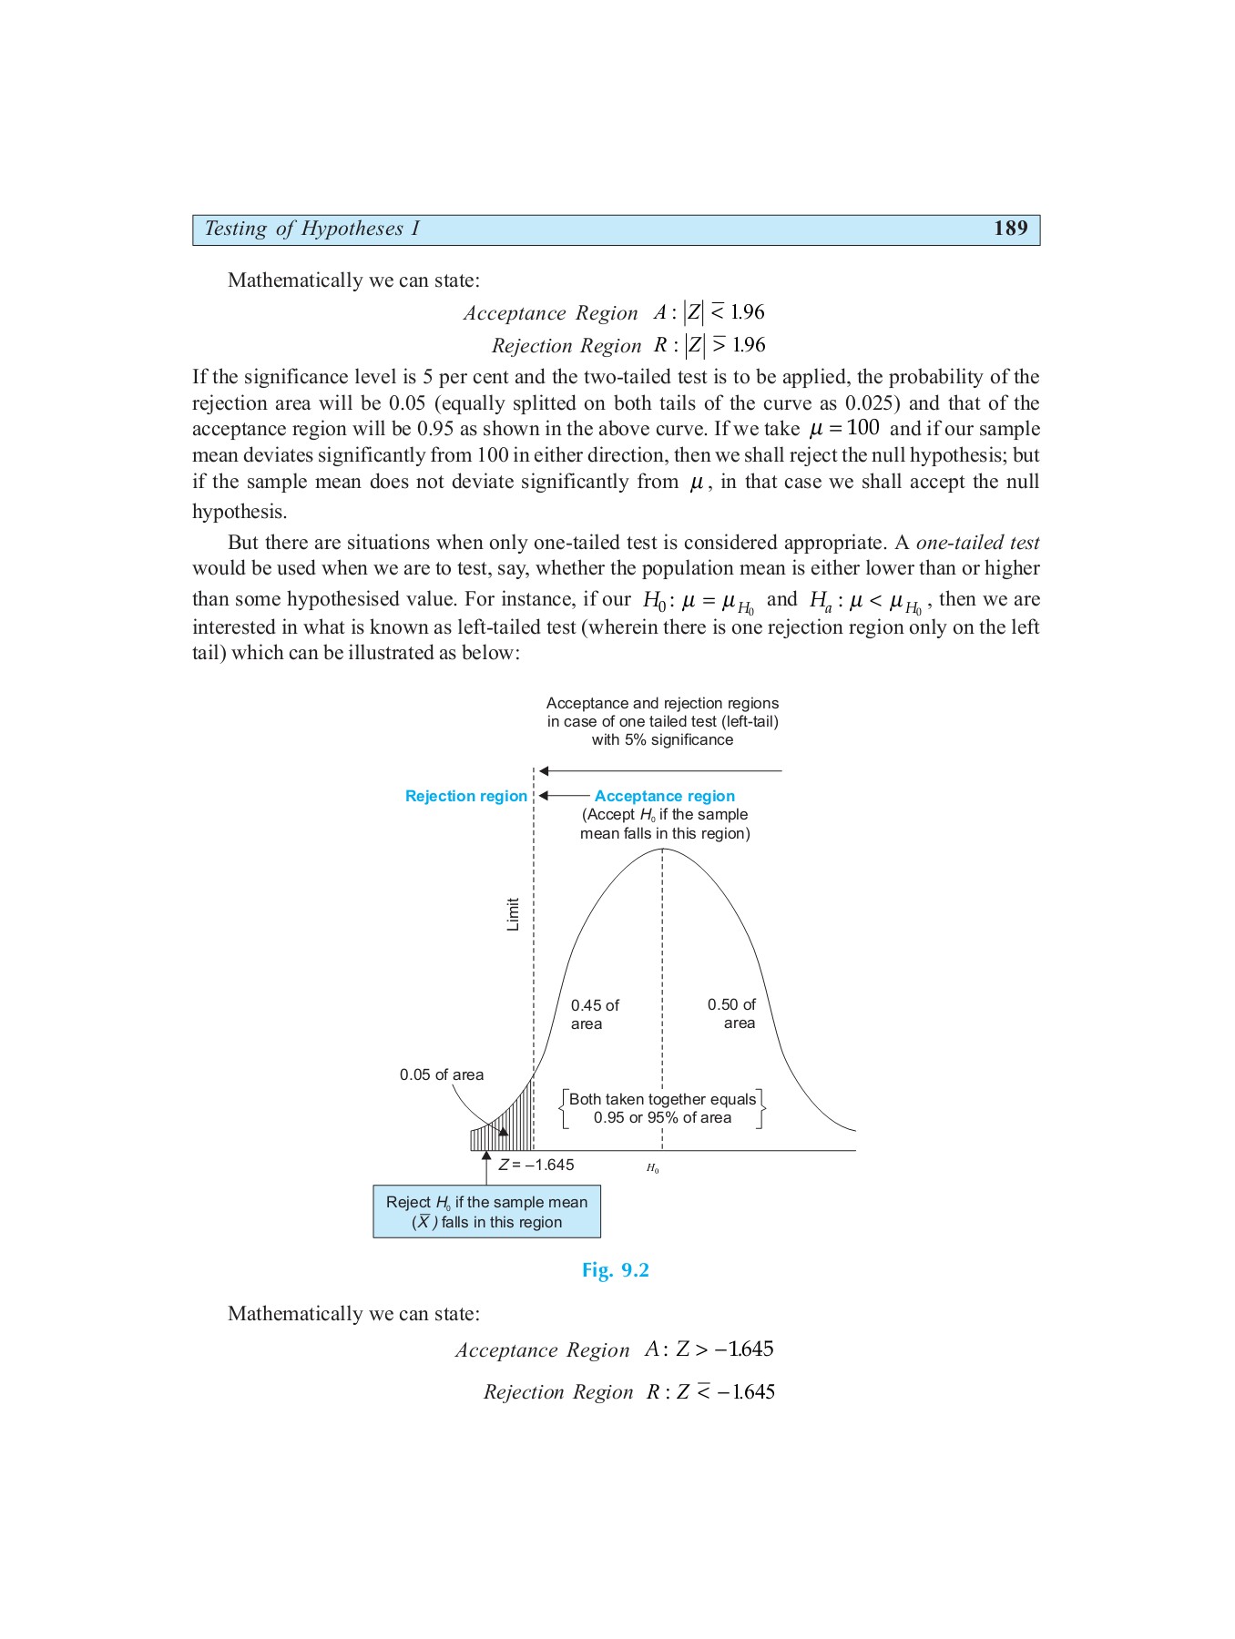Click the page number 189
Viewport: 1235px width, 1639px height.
tap(1010, 229)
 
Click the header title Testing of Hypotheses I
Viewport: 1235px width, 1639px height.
tap(311, 229)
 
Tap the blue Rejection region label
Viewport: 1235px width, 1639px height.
tap(465, 796)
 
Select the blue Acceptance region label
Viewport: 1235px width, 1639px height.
tap(664, 796)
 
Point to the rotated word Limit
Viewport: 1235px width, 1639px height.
tap(513, 914)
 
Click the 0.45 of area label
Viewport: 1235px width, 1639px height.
tap(594, 1014)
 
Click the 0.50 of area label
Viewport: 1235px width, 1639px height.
tap(731, 1013)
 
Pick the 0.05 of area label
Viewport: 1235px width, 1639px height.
tap(442, 1074)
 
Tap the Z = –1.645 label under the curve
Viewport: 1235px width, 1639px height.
tap(536, 1165)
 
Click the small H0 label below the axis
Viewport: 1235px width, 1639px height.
tap(653, 1168)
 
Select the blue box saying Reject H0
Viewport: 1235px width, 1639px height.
tap(486, 1212)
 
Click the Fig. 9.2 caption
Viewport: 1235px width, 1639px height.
tap(616, 1270)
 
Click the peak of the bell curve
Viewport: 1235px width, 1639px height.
tap(662, 850)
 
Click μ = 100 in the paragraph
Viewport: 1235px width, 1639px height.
tap(844, 428)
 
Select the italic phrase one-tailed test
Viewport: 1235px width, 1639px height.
tap(977, 543)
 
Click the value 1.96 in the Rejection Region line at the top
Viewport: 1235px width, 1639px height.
tap(749, 345)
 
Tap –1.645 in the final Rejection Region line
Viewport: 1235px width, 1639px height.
tap(746, 1391)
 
